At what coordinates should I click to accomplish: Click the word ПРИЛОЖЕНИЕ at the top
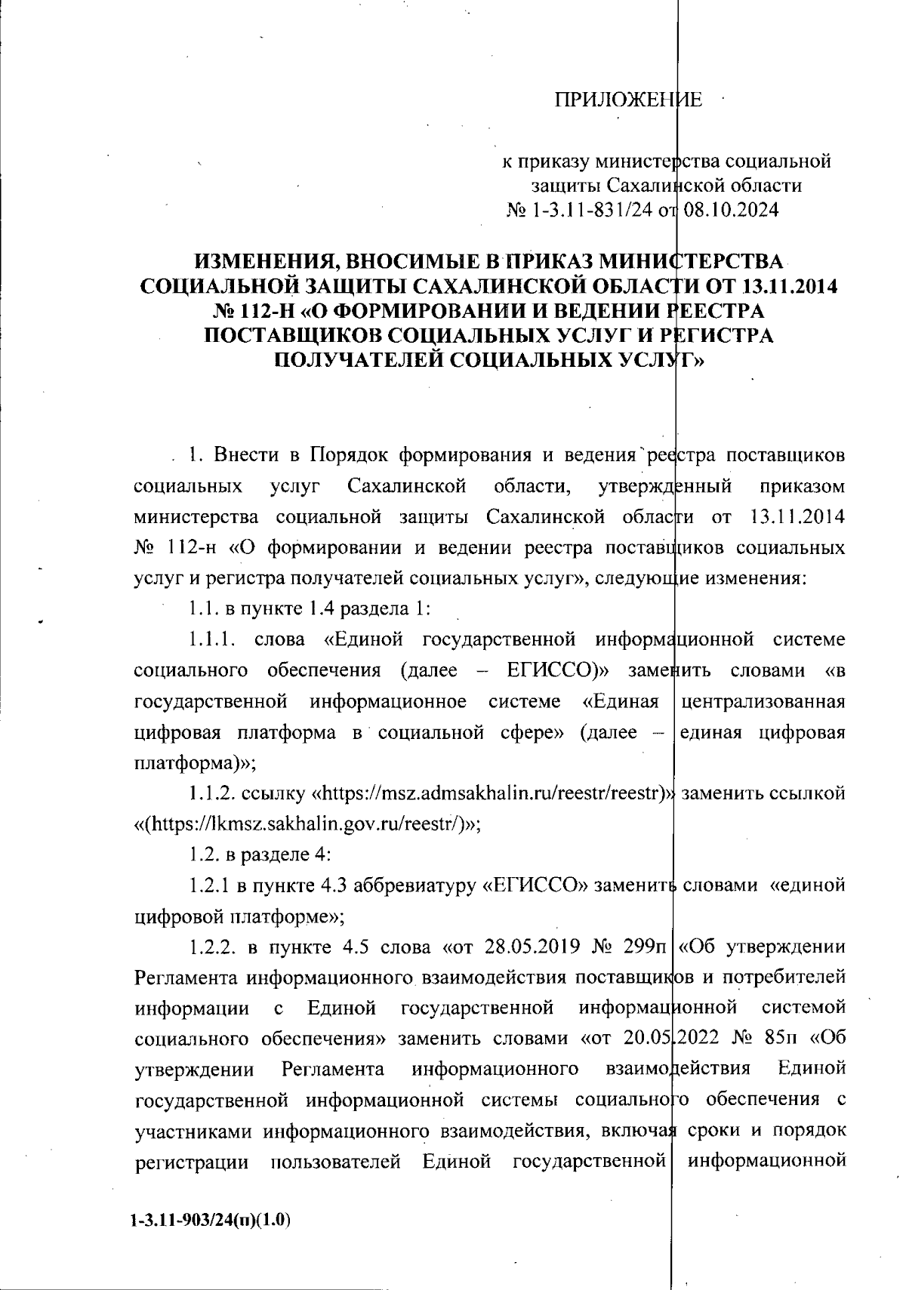[629, 100]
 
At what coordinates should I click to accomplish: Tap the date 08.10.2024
[731, 209]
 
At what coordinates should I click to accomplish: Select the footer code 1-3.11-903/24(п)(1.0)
[211, 1221]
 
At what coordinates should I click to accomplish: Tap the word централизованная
[762, 701]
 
